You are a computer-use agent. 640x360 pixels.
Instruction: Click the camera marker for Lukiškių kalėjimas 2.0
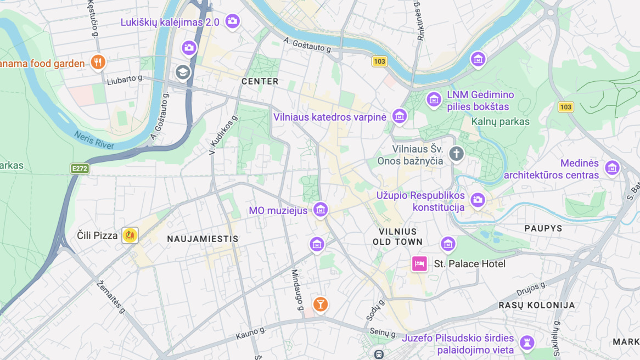click(232, 21)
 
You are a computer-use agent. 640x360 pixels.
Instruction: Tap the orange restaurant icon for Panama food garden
click(98, 62)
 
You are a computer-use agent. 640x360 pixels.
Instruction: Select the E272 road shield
click(80, 168)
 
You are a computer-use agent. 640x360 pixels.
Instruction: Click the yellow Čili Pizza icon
click(130, 235)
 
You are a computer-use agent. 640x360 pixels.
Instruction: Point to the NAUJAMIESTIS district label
click(203, 239)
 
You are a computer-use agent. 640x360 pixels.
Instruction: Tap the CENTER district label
click(260, 81)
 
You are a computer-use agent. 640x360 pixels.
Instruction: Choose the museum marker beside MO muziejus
click(320, 209)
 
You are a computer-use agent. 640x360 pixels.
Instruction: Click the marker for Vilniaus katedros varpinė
click(399, 116)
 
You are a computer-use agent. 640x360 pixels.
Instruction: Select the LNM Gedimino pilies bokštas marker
click(434, 100)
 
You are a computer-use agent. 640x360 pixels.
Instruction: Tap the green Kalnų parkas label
click(500, 122)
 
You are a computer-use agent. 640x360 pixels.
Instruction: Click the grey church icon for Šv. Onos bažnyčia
click(456, 154)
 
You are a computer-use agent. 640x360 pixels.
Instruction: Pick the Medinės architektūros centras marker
click(612, 167)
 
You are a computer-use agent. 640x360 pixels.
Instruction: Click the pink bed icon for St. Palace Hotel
click(419, 264)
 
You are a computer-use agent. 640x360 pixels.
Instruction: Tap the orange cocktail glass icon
click(321, 304)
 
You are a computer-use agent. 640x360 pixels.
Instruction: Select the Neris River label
click(94, 140)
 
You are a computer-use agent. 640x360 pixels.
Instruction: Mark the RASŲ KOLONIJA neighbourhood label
click(536, 305)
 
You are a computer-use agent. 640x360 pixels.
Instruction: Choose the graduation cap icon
click(183, 72)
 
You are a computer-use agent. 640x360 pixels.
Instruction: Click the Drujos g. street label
click(531, 289)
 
